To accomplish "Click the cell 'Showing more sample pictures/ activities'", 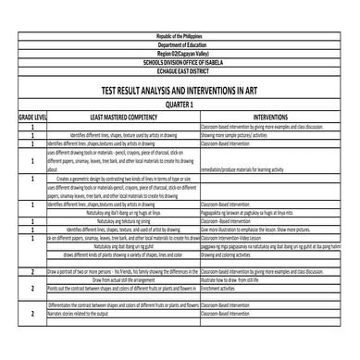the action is (240, 136).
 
